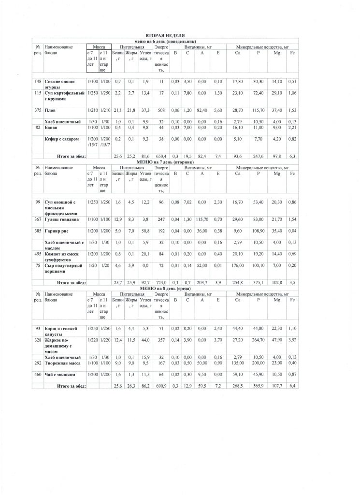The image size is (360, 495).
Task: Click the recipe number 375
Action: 37,110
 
